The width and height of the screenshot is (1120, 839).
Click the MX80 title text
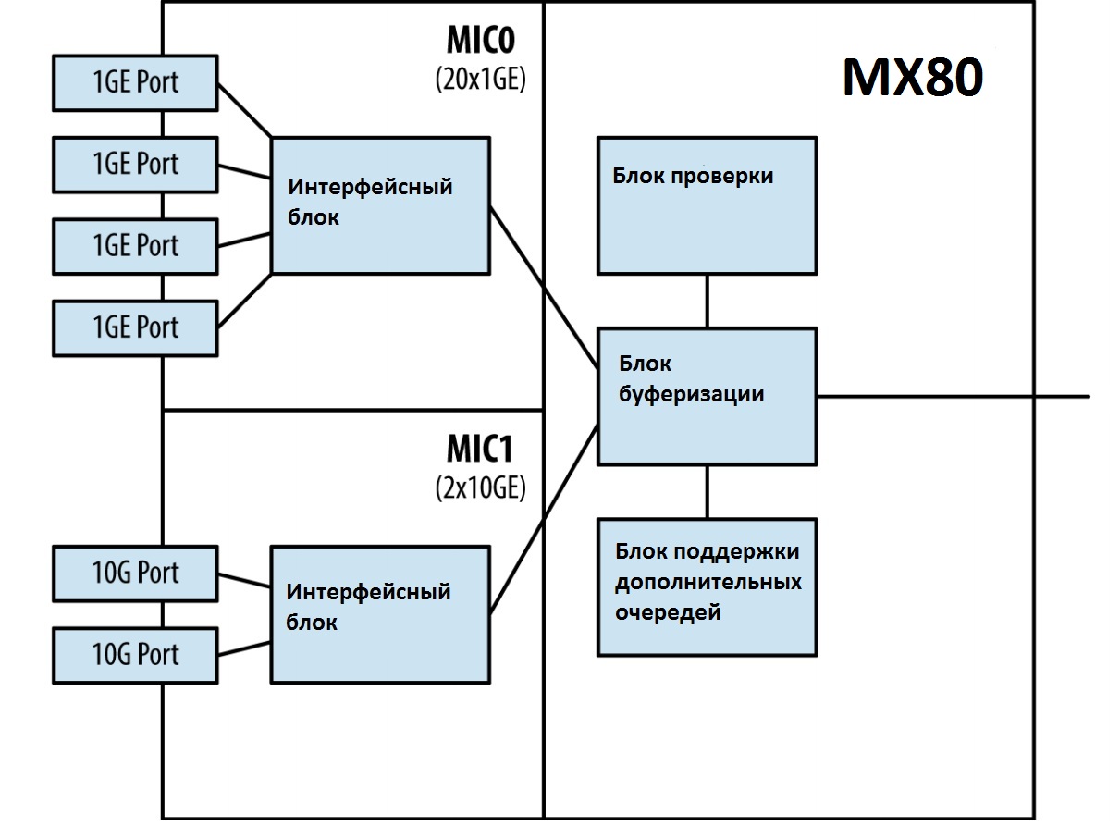[912, 79]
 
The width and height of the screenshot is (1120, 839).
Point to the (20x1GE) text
[480, 80]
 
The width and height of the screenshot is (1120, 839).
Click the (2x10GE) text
[480, 487]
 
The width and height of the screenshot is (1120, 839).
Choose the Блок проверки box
[707, 205]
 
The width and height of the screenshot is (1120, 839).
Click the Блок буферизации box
[707, 395]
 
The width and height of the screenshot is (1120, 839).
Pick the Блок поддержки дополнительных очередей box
[707, 586]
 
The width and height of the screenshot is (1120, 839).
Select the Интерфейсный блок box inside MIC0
[380, 204]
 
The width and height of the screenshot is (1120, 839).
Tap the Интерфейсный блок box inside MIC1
[379, 614]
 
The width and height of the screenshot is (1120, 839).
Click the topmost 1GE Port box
[135, 83]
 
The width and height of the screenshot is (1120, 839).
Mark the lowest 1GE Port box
[135, 327]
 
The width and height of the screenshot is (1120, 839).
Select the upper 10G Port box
[135, 574]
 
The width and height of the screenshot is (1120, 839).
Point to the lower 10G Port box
[135, 655]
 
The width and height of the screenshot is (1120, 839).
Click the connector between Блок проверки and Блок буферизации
[708, 301]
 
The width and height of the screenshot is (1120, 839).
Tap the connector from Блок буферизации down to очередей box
[708, 491]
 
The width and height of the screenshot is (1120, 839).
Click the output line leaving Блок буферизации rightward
[953, 396]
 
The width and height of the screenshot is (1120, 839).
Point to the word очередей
[668, 612]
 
